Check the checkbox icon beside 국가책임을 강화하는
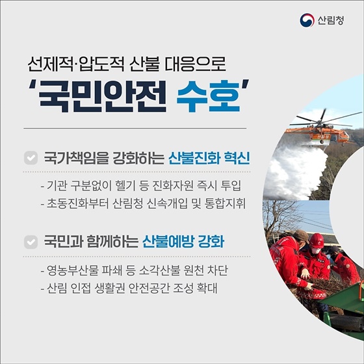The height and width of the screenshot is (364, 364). [29, 159]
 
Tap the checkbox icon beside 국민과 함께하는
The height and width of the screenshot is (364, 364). [29, 242]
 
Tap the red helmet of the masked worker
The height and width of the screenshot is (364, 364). [317, 239]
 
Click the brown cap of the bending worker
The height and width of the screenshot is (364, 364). [301, 235]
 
